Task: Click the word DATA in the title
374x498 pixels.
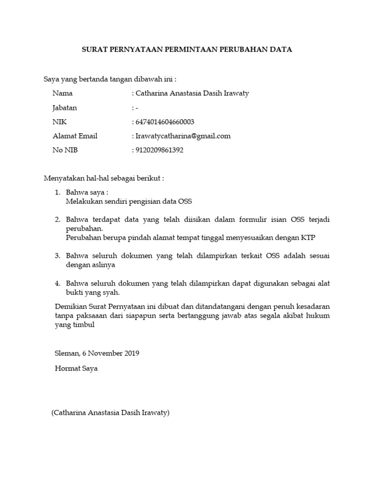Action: (282, 50)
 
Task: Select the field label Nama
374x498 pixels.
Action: (62, 93)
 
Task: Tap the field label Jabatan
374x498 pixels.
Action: (64, 107)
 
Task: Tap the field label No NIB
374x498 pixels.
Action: (65, 150)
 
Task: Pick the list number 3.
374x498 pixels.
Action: (57, 255)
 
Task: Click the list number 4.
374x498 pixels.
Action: (57, 283)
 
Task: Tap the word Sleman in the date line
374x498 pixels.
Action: (65, 353)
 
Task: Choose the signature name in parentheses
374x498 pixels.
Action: (110, 413)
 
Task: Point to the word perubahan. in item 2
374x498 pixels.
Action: (85, 228)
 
